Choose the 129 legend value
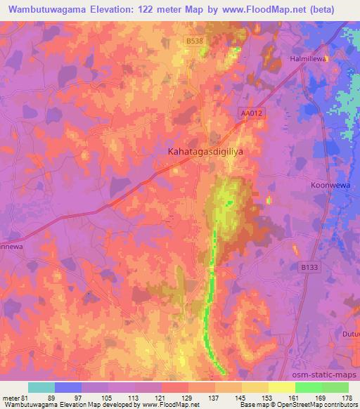point(189,398)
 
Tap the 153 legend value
point(269,398)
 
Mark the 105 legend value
point(109,398)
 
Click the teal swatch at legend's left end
point(41,387)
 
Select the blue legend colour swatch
point(68,387)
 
